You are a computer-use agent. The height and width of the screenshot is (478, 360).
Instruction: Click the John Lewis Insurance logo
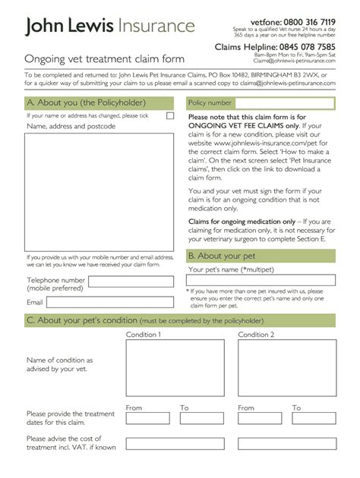coord(109,27)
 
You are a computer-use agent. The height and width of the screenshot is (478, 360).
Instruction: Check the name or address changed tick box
coord(170,116)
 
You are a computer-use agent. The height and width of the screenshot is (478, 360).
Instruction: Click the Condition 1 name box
coord(175,367)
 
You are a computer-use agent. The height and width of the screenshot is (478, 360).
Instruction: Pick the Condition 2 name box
coord(286,367)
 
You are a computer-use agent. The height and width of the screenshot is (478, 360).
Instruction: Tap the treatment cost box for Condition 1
coord(175,444)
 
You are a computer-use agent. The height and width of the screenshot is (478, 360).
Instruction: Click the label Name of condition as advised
coord(60,365)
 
